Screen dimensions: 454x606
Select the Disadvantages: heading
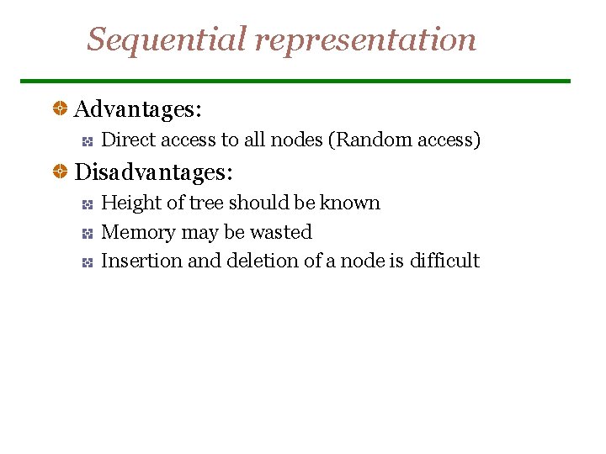[x=154, y=172]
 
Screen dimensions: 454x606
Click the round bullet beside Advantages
[x=61, y=108]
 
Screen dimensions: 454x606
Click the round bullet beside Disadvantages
[x=61, y=172]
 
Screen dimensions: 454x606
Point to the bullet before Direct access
[x=87, y=140]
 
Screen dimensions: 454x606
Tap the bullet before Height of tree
[x=87, y=203]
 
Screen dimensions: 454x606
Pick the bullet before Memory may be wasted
[x=87, y=233]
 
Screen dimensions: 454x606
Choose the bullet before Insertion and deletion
[x=87, y=261]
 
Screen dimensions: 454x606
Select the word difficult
[x=444, y=261]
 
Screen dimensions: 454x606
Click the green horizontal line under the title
[x=295, y=81]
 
